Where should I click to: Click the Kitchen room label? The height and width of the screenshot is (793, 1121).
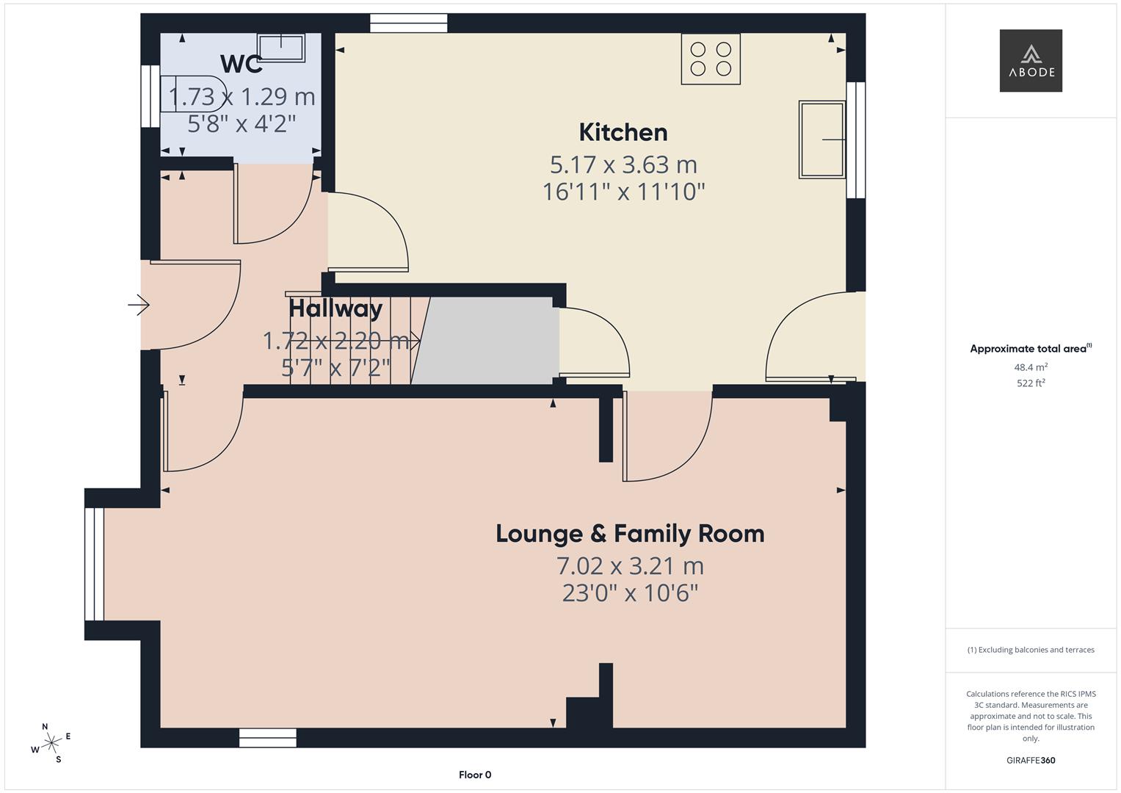(623, 132)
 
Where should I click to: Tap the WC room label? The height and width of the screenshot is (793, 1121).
(241, 64)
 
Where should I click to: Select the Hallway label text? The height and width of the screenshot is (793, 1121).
(335, 308)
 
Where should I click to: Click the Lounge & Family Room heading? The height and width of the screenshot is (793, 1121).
(630, 533)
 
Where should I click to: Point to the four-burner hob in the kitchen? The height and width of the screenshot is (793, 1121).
(710, 59)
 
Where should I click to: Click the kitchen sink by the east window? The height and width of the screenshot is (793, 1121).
(821, 140)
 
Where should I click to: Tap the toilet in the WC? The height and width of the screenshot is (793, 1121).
(191, 93)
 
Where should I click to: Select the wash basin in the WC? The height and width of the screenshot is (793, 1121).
(280, 47)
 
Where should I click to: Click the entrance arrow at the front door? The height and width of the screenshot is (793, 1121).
(139, 304)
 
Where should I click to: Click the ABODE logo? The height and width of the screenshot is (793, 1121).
(1031, 60)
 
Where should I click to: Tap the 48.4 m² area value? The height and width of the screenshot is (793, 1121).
(1031, 367)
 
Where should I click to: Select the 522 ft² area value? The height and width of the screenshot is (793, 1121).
(1031, 383)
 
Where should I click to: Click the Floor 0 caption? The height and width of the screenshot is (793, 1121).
(475, 775)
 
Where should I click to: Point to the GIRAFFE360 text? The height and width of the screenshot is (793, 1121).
(1031, 761)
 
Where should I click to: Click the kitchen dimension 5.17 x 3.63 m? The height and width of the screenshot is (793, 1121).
(623, 164)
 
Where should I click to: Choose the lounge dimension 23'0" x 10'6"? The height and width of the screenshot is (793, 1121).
(630, 593)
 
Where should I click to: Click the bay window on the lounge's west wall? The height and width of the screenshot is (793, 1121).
(95, 564)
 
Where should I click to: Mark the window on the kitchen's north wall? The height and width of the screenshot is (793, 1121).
(408, 23)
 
